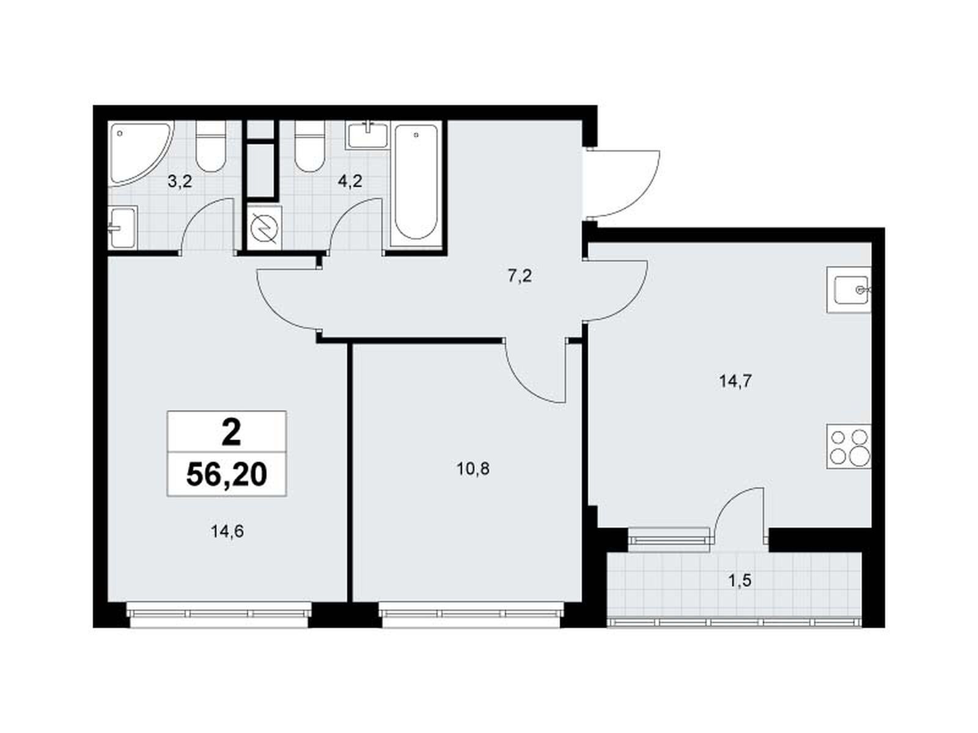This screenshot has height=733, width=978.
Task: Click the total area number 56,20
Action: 226,475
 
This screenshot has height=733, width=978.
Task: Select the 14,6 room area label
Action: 227,531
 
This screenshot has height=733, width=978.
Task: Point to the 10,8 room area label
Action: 473,469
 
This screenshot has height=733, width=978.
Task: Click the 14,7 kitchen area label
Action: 735,381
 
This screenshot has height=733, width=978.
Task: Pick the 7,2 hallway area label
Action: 520,276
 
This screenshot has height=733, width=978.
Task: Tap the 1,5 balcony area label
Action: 740,580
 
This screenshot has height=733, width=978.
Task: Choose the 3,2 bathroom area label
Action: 180,181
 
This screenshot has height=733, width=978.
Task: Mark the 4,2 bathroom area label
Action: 350,181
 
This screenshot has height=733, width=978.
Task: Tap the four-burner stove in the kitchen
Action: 848,447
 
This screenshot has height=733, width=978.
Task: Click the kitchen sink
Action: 848,290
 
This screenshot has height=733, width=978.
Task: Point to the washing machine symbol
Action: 264,227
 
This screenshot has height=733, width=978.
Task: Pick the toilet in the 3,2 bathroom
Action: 211,146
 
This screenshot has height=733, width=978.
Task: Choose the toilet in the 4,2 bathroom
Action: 310,146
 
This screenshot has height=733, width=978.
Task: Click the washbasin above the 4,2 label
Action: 367,135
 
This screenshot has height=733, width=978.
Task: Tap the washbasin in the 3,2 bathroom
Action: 122,227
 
